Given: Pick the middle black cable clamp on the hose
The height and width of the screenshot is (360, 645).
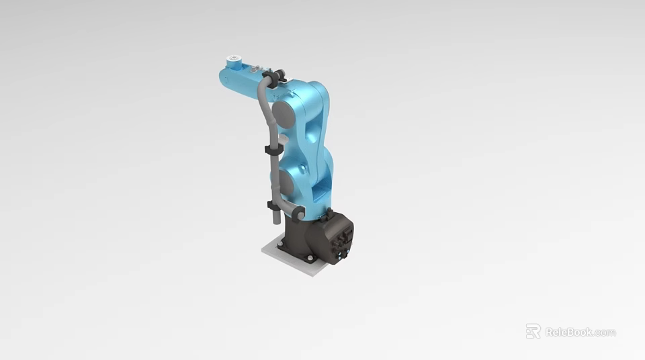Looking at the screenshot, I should tap(270, 150).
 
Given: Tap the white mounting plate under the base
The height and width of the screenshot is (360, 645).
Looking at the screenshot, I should tap(296, 262).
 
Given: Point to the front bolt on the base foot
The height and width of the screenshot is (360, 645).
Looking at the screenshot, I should tap(309, 258).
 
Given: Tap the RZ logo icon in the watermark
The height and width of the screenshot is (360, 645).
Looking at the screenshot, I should tap(533, 331).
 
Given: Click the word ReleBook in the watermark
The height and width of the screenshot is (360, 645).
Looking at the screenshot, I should tap(568, 332).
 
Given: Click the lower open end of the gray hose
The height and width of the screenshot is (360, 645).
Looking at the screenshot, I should tap(275, 220).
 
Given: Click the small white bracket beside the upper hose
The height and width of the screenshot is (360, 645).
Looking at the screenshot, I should tap(282, 140).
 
